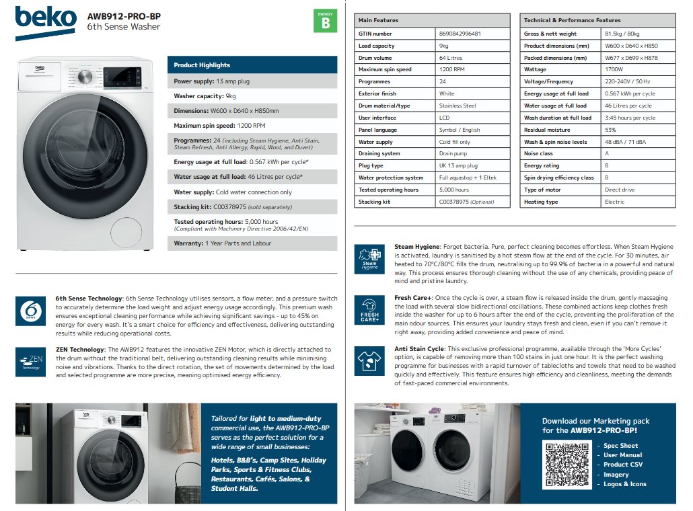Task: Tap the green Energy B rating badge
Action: pos(326,22)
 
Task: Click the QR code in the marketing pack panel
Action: pos(566,464)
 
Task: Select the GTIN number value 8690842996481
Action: pos(460,34)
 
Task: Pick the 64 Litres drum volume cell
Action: pos(451,58)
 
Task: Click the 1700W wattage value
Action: pos(614,70)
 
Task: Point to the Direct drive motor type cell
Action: pos(620,190)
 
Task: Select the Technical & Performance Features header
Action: pos(597,21)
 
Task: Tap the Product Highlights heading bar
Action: pos(252,65)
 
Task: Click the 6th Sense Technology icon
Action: pos(30,310)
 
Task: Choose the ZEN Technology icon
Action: pos(30,362)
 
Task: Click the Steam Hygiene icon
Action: pos(370,258)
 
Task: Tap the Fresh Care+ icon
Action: pos(370,310)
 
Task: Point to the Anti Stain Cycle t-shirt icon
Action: pos(370,361)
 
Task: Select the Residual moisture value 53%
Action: pos(610,130)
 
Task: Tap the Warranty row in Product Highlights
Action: pos(252,243)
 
